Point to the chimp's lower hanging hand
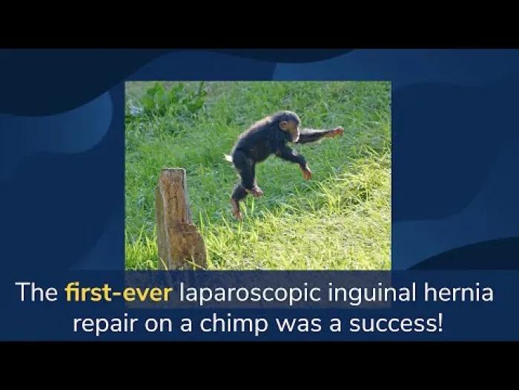307,172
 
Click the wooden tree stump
180,220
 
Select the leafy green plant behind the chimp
172,99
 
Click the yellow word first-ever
119,293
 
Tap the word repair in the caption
105,325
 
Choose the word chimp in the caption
234,323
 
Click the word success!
396,324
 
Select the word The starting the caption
36,292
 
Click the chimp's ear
282,126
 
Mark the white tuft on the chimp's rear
228,157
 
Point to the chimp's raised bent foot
257,192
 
